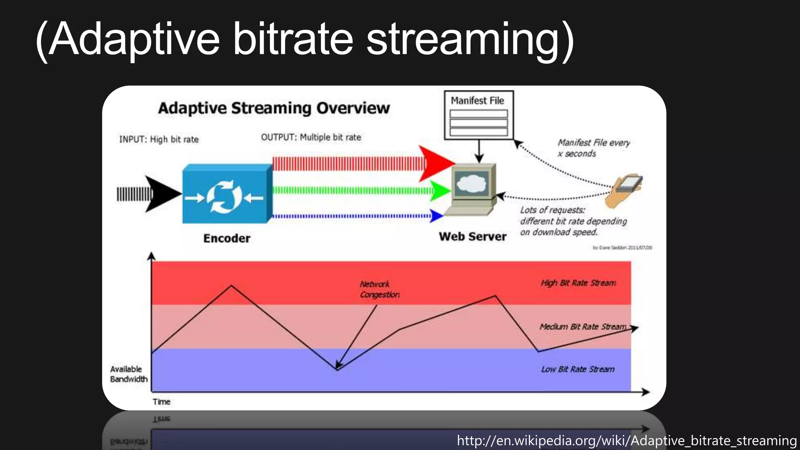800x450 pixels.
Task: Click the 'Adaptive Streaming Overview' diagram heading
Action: click(274, 108)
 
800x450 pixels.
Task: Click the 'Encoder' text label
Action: click(227, 238)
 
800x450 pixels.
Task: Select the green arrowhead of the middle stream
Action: click(440, 191)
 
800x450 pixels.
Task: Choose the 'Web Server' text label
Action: click(472, 237)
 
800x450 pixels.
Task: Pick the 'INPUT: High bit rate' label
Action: click(159, 139)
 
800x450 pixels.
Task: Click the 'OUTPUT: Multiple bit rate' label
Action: click(311, 137)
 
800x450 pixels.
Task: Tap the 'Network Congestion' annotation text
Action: click(379, 289)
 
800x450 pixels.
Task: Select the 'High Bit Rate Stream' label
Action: click(578, 283)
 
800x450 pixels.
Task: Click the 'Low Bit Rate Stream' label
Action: click(578, 369)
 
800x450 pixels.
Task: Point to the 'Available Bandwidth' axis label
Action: click(129, 374)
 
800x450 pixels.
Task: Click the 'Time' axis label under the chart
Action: click(161, 402)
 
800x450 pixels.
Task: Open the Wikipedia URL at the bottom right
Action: click(627, 441)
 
